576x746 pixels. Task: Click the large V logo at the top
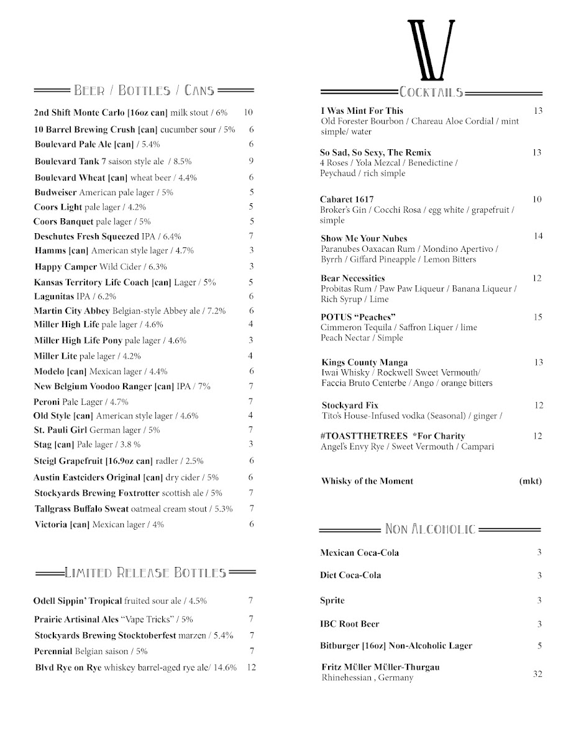pos(431,50)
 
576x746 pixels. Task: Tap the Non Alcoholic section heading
pos(431,529)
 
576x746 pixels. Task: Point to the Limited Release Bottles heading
pos(145,573)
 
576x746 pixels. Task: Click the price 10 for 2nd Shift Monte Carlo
pos(249,113)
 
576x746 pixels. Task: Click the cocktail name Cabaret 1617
pos(347,200)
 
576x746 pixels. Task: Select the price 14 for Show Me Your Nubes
pos(538,236)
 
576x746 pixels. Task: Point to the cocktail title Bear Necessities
pos(353,279)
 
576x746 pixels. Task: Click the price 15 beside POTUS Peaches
pos(538,317)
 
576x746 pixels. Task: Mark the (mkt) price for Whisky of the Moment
pos(531,481)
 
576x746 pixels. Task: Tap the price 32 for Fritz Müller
pos(538,674)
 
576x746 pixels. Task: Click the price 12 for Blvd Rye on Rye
pos(251,668)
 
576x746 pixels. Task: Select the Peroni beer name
pos(47,402)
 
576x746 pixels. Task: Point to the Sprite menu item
pos(332,601)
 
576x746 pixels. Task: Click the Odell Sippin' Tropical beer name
pos(77,601)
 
